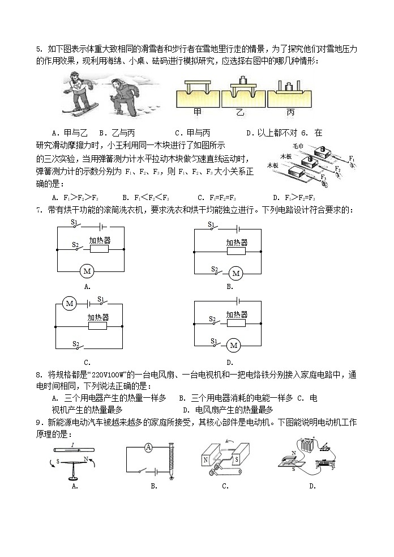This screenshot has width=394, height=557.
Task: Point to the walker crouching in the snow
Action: (x=121, y=96)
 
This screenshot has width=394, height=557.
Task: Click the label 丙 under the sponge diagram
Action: (x=290, y=112)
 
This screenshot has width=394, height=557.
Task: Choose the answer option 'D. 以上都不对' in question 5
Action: (x=269, y=133)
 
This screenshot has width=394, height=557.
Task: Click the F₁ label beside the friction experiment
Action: (x=352, y=158)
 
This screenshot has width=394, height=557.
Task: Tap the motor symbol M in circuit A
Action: (x=87, y=271)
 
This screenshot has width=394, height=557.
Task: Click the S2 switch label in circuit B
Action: (x=215, y=269)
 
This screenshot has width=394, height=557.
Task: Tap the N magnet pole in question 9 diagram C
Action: (x=205, y=461)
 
